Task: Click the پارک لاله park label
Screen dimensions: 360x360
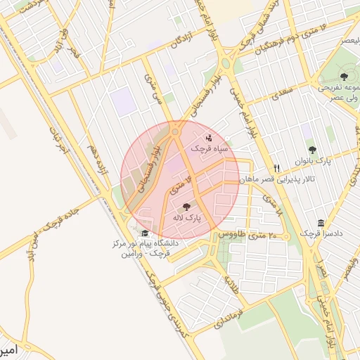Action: [x=188, y=219]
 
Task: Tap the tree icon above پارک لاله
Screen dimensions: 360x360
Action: [x=186, y=207]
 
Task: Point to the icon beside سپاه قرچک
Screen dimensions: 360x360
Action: [x=209, y=138]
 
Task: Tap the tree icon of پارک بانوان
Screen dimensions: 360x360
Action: [x=312, y=150]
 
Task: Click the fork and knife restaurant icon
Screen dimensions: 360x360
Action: [x=277, y=169]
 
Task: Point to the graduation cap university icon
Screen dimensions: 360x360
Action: [x=145, y=233]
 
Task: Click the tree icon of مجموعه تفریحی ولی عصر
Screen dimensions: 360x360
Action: [x=344, y=77]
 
